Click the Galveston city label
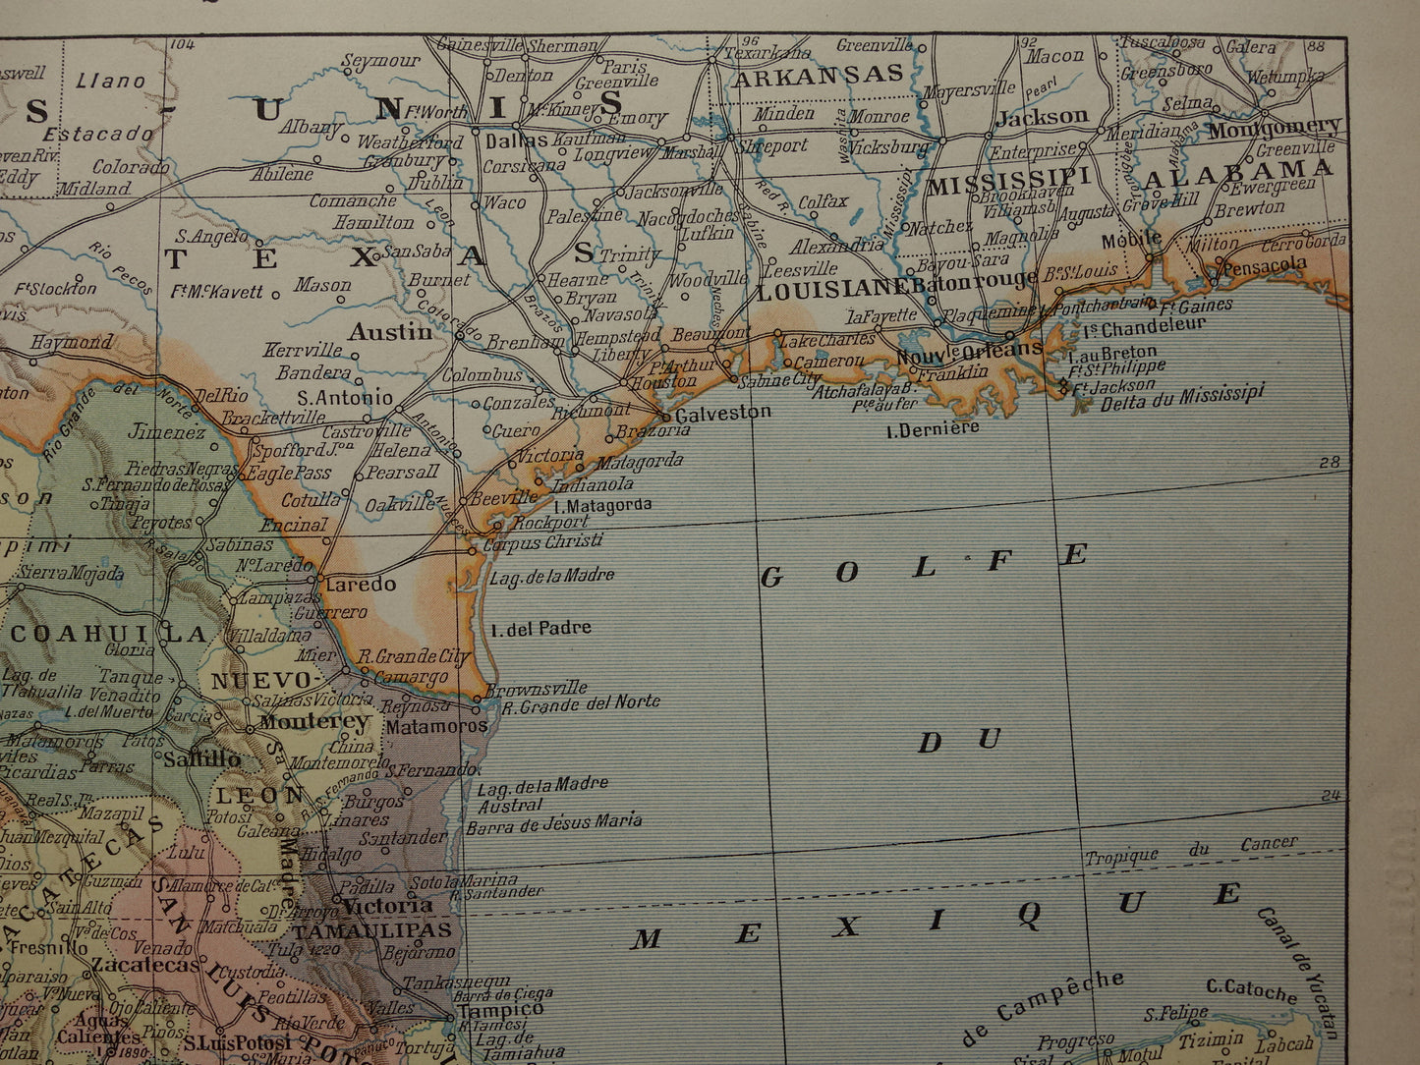(722, 413)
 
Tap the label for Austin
(390, 332)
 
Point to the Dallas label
(516, 140)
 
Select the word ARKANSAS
(818, 75)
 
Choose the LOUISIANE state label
(832, 288)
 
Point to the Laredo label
(361, 584)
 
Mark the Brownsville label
(537, 688)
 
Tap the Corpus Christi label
(542, 541)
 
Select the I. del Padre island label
(540, 627)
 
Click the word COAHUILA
(109, 634)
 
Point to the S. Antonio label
(344, 398)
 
